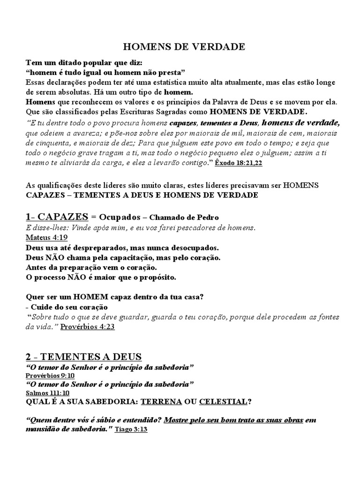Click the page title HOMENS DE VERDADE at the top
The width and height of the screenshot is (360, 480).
click(184, 47)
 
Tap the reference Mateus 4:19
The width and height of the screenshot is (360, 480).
click(47, 237)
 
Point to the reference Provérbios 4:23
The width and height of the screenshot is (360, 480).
click(88, 327)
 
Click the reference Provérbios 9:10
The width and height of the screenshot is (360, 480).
click(50, 375)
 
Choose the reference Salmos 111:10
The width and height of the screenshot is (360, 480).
click(47, 393)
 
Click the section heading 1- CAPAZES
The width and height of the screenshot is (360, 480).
click(57, 217)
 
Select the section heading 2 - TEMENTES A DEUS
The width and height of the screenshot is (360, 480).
click(83, 357)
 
